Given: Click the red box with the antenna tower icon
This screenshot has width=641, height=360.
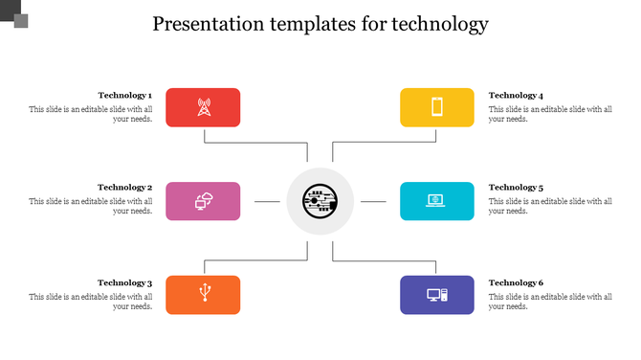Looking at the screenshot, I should click(x=203, y=107).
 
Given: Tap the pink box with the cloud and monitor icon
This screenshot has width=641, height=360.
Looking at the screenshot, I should click(x=203, y=201).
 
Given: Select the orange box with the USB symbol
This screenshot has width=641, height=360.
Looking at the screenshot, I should click(x=203, y=295).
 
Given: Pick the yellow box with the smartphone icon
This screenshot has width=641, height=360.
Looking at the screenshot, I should click(x=436, y=107).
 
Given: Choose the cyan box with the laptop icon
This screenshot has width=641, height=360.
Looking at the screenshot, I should click(x=436, y=201).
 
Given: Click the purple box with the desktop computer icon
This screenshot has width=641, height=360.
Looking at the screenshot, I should click(x=436, y=295).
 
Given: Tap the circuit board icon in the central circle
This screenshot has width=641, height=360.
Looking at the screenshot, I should click(x=320, y=201).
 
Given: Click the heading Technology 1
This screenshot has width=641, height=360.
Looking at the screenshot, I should click(x=124, y=96).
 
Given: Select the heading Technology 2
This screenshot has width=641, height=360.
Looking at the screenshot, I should click(x=124, y=188).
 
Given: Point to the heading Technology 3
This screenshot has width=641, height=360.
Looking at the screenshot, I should click(x=124, y=283).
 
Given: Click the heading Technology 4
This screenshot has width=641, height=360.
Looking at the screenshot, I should click(x=516, y=96).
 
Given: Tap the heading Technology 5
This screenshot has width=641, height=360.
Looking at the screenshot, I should click(x=516, y=188).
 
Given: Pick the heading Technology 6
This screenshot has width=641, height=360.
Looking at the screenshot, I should click(x=516, y=283).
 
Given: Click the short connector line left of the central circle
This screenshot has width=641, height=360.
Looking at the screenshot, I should click(x=267, y=202).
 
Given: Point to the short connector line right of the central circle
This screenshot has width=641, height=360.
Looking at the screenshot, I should click(x=373, y=202).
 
